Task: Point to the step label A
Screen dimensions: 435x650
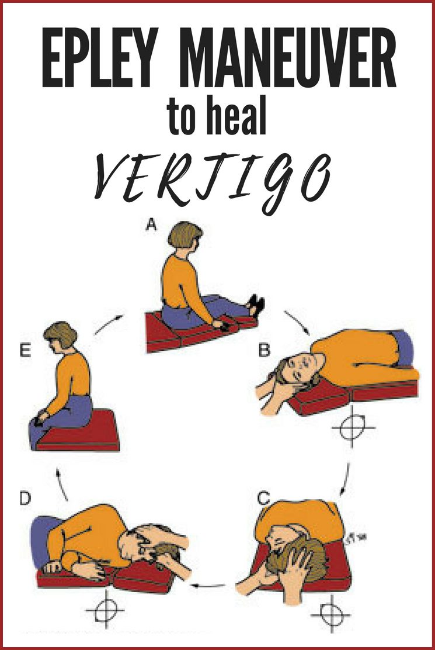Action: pyautogui.click(x=151, y=225)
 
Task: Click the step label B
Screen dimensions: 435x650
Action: pyautogui.click(x=264, y=351)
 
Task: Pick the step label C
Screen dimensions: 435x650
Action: pyautogui.click(x=264, y=498)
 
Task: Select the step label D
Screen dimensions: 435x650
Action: pyautogui.click(x=26, y=499)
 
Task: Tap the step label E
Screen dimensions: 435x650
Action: pyautogui.click(x=25, y=351)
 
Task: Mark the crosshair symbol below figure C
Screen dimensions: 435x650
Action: pyautogui.click(x=330, y=614)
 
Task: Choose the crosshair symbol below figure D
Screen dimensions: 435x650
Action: pyautogui.click(x=105, y=609)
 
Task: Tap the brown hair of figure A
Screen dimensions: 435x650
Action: pyautogui.click(x=184, y=234)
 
